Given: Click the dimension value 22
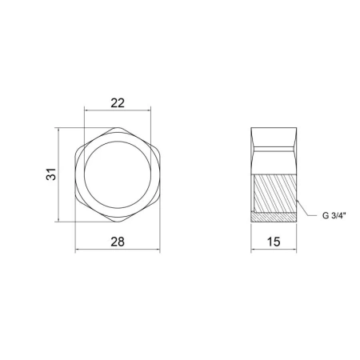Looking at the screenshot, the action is coord(118,103).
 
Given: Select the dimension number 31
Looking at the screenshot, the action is coord(51,174).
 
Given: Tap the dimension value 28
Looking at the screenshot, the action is coord(118,242).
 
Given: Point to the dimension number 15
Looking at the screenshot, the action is coord(274,242).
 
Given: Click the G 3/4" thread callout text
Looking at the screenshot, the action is coord(334,215).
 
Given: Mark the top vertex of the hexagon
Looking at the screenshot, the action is coord(118,127).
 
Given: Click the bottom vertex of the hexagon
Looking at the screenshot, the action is coord(118,222).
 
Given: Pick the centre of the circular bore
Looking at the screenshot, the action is coord(118,174).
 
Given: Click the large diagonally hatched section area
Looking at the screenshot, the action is coord(274,194).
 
